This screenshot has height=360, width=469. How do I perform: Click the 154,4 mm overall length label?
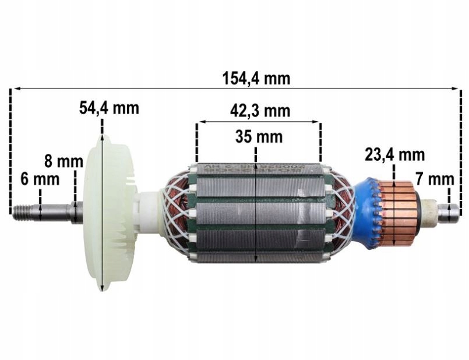256,79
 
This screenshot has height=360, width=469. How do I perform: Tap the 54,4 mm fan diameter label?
109,108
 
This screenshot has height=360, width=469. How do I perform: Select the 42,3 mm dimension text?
259,111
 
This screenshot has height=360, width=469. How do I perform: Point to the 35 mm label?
259,137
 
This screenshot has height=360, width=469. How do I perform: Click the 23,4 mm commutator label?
394,155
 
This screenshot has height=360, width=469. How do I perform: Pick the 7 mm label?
434,178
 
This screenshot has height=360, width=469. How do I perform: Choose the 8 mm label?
64,161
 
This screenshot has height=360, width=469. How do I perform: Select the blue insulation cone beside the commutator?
366,213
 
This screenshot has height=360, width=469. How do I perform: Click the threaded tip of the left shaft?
23,211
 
